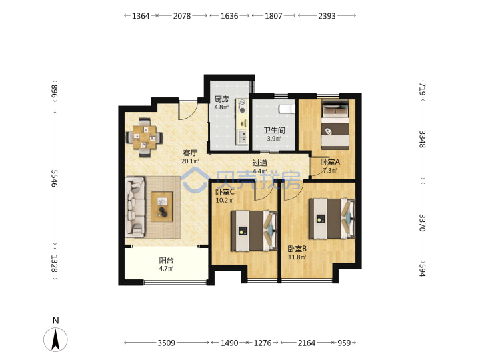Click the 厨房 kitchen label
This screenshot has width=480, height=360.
pyautogui.click(x=221, y=99)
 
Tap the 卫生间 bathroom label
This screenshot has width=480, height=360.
pyautogui.click(x=274, y=131)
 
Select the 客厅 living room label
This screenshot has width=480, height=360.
pyautogui.click(x=190, y=153)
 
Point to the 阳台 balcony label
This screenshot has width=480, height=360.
pyautogui.click(x=166, y=260)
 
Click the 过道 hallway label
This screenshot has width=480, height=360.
pyautogui.click(x=259, y=163)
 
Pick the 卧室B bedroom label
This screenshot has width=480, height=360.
pyautogui.click(x=297, y=249)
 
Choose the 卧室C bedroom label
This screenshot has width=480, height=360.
pyautogui.click(x=225, y=192)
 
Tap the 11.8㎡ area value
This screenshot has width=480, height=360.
pyautogui.click(x=297, y=257)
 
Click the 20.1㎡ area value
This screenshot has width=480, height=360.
pyautogui.click(x=190, y=161)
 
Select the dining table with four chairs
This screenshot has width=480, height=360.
pyautogui.click(x=145, y=137)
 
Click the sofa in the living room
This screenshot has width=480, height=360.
pyautogui.click(x=135, y=207)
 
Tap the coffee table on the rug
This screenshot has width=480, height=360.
pyautogui.click(x=162, y=207)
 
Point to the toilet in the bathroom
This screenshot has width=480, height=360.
pyautogui.click(x=287, y=109)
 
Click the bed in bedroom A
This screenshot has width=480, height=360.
pyautogui.click(x=335, y=125)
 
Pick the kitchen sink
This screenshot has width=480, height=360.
pyautogui.click(x=242, y=137)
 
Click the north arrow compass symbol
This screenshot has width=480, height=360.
pyautogui.click(x=55, y=339)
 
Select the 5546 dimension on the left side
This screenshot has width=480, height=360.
pyautogui.click(x=55, y=179)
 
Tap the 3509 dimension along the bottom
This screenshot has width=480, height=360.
pyautogui.click(x=166, y=343)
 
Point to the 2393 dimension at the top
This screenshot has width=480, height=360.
pyautogui.click(x=327, y=16)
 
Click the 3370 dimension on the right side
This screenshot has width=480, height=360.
pyautogui.click(x=423, y=223)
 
